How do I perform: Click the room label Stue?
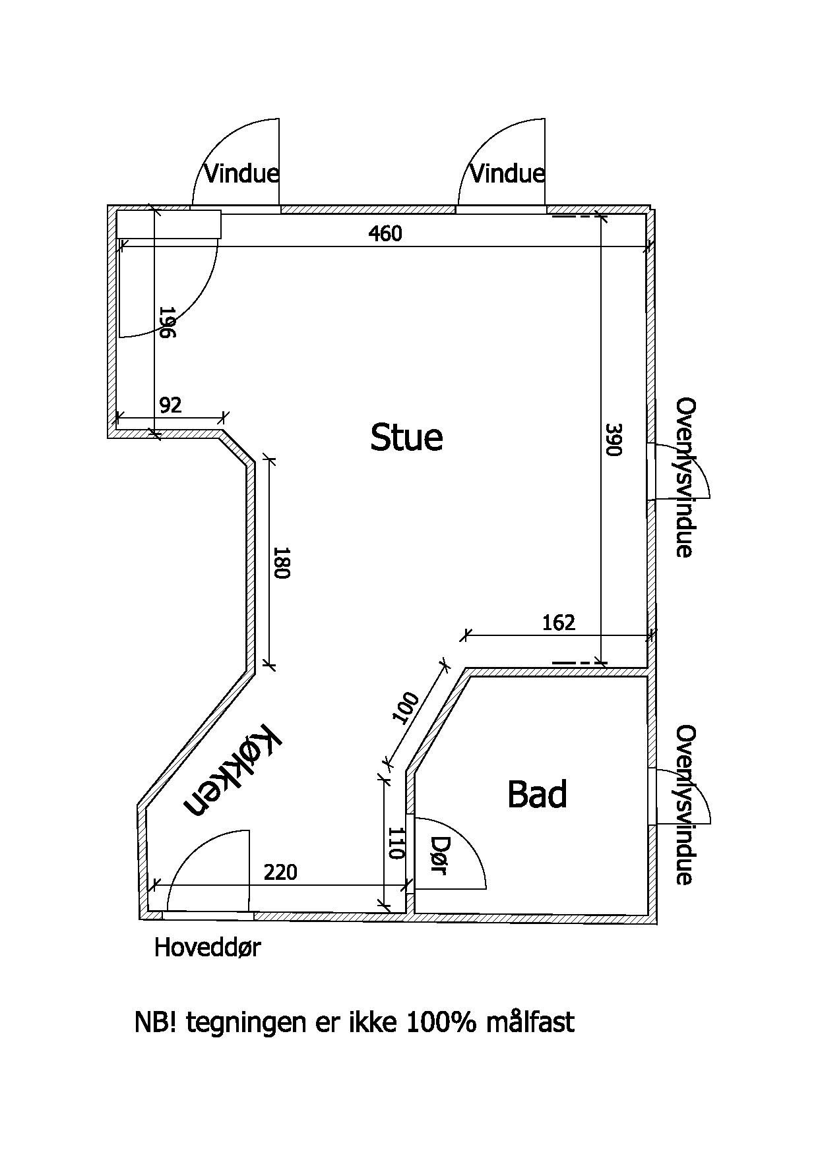click(406, 438)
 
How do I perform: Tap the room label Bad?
click(537, 794)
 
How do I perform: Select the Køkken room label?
click(233, 770)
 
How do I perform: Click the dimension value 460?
click(385, 233)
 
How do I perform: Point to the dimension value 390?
click(613, 440)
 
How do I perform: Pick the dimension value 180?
click(282, 562)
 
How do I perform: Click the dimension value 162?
click(559, 622)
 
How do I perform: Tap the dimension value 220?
click(280, 873)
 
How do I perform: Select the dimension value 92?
click(170, 405)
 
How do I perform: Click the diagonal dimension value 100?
click(405, 708)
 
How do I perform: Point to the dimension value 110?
click(394, 844)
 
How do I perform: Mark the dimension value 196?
click(167, 322)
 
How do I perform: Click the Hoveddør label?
click(207, 948)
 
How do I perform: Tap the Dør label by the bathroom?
click(439, 855)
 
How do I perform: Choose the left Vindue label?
click(241, 174)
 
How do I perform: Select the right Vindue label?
click(507, 174)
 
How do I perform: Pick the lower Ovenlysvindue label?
click(686, 805)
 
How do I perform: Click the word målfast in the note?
click(530, 1022)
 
